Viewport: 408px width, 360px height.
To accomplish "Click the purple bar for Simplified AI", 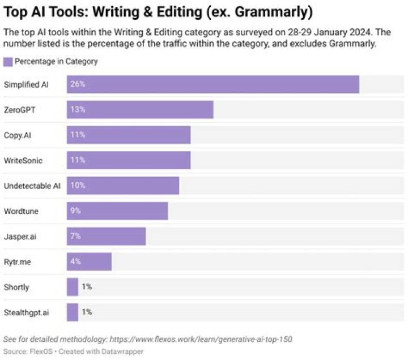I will coord(212,84).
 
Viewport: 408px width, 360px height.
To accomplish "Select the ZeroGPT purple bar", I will coord(139,110).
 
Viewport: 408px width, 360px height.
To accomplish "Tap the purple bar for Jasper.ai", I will coord(106,236).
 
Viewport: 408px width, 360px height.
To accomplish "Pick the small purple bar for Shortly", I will coord(73,287).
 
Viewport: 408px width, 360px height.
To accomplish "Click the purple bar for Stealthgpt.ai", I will coord(73,312).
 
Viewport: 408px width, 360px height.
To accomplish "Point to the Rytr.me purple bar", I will coord(89,262).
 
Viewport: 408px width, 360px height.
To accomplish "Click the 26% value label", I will coord(77,84).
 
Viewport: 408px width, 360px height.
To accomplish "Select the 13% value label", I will coord(77,110).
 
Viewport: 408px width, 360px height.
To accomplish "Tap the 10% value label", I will coord(77,186).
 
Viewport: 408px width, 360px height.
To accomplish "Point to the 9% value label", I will coord(75,211).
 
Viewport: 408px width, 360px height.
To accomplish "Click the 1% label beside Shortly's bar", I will coord(87,287).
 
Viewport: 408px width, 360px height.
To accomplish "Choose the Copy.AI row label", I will coord(18,135).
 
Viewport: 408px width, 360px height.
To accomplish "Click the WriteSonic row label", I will coord(23,160).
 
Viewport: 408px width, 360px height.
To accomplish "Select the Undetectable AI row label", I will coord(32,186).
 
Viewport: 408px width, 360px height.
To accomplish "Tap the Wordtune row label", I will coord(21,211).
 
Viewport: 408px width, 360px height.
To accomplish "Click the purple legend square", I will coord(8,62).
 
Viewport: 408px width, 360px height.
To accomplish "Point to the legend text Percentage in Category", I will coord(56,62).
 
